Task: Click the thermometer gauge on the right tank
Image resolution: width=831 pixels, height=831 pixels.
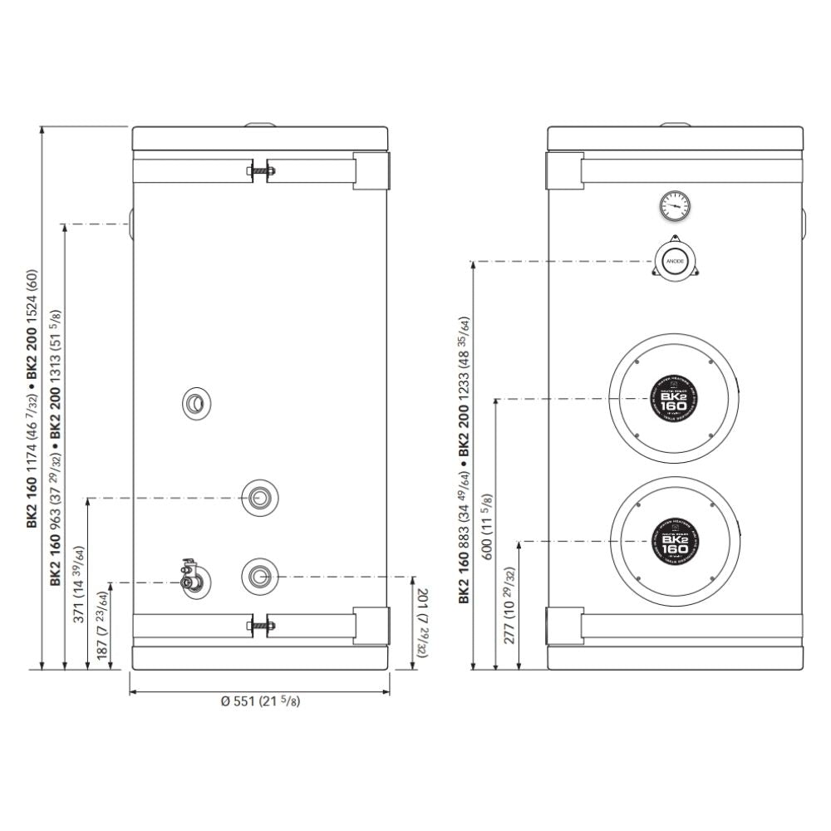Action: coord(674,205)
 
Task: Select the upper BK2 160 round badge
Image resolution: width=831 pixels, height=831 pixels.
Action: coord(676,399)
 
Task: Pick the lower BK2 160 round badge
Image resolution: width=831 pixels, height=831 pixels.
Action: coord(676,542)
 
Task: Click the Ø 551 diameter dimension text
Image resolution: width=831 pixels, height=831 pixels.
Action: coord(261,701)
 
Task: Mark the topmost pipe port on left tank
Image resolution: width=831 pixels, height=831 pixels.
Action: coord(195,405)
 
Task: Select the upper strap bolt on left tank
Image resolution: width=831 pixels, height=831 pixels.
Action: coord(259,172)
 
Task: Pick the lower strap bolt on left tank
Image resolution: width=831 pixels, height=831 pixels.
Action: coord(259,624)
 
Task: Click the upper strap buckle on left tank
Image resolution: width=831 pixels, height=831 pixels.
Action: coord(371,170)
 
